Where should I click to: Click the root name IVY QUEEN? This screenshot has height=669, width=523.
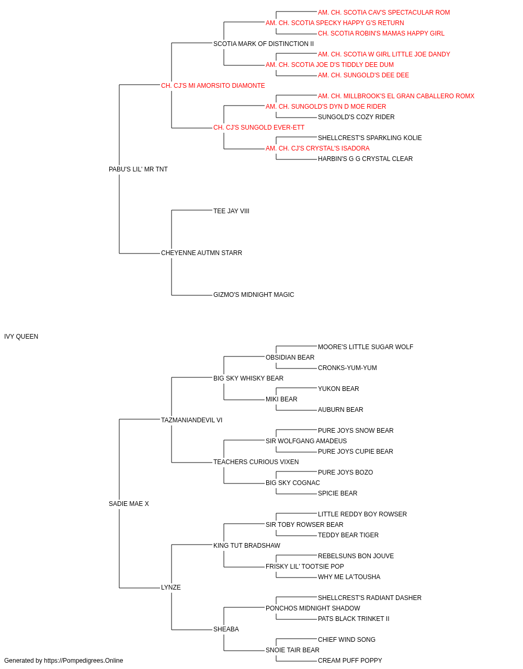point(21,337)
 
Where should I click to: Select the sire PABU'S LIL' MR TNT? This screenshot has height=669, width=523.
point(138,169)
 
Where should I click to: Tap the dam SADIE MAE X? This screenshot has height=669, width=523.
point(129,504)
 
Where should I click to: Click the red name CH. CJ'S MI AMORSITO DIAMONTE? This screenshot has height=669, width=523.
point(213,86)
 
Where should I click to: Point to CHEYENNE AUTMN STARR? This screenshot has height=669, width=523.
point(201,253)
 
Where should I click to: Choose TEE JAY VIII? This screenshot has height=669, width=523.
point(231,211)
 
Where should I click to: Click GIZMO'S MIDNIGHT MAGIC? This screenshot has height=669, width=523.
point(254,295)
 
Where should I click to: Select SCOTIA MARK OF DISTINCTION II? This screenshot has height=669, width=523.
point(264,44)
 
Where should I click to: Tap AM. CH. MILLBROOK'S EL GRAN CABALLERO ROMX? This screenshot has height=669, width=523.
point(396,96)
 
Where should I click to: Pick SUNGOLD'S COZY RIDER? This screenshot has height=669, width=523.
point(356,117)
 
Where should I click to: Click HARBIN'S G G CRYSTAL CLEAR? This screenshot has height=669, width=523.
point(365,159)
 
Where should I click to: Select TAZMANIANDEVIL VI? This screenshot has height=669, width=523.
point(191,420)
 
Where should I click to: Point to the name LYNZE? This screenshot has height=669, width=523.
point(170,587)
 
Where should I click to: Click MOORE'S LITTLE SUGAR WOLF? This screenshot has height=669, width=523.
point(365,347)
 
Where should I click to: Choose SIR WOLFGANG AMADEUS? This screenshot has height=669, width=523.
point(306,441)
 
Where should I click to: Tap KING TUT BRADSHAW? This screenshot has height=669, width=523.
point(246,546)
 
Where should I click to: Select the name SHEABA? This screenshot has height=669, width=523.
point(226,629)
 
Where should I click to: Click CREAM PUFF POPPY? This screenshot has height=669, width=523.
point(349,661)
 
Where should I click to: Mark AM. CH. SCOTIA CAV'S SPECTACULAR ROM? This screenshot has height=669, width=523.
point(384,13)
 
